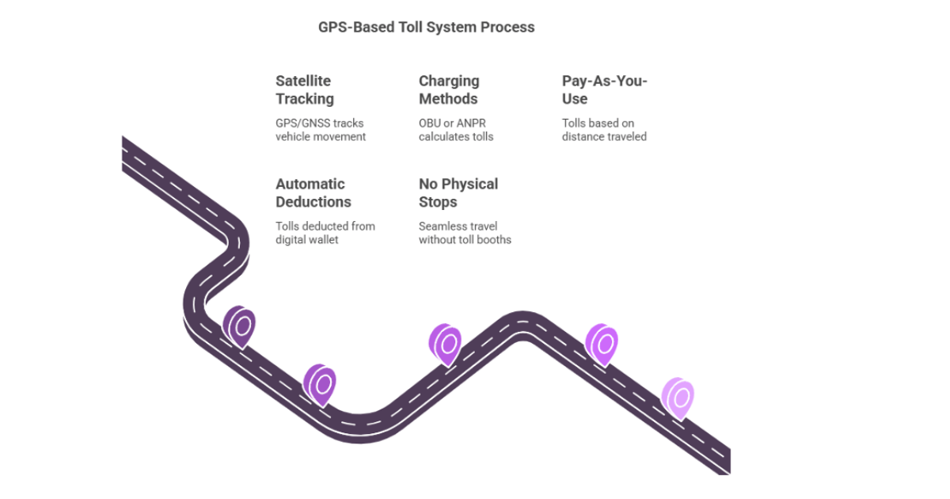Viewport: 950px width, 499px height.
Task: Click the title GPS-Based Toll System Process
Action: tap(426, 27)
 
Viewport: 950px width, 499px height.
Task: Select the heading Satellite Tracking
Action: tap(305, 90)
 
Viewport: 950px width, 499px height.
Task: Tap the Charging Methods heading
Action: tap(448, 90)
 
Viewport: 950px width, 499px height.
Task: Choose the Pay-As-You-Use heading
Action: tap(604, 90)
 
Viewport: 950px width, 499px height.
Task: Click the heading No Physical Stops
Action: tap(458, 192)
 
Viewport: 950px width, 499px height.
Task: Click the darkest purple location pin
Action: tap(240, 326)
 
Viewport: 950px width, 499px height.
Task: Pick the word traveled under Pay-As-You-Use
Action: tap(627, 137)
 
